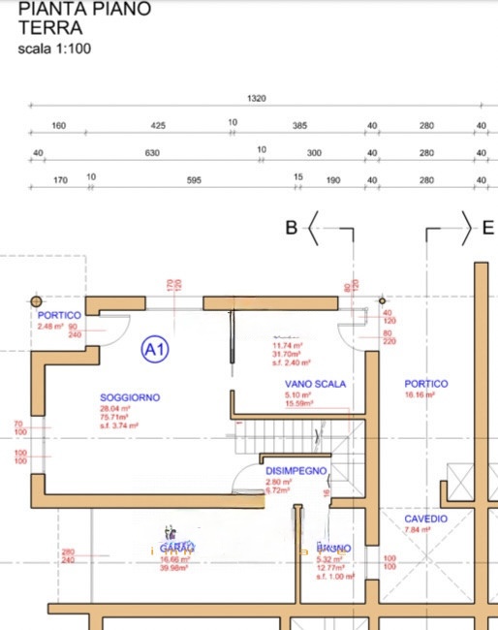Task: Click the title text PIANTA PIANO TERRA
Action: click(84, 19)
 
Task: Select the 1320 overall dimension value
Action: click(257, 98)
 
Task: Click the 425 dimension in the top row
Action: click(158, 125)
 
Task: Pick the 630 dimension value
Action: click(151, 153)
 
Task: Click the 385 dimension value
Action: click(299, 125)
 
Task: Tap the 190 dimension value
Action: click(333, 179)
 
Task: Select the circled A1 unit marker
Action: click(155, 348)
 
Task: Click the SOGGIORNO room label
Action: click(130, 397)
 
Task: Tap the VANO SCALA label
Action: click(309, 384)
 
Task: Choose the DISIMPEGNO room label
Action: click(296, 470)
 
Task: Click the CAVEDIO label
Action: click(425, 520)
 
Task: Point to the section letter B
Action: click(291, 229)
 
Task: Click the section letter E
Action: click(488, 229)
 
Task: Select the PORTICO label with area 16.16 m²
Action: click(425, 384)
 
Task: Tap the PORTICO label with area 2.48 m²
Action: click(58, 316)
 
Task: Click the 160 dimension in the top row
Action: click(58, 125)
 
